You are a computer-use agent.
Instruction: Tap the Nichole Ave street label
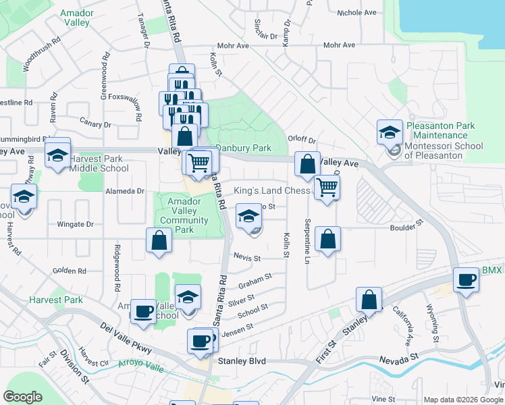[356, 13]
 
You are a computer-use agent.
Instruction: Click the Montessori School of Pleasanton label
[433, 151]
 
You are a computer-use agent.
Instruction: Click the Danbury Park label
[243, 148]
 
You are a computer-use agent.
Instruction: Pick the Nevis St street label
[248, 258]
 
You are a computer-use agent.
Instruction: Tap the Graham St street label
[255, 280]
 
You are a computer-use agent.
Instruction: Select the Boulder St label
[408, 224]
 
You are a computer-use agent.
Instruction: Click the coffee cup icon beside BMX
[465, 279]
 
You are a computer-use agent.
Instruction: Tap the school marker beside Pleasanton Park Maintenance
[390, 132]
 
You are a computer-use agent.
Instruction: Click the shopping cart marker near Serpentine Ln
[327, 187]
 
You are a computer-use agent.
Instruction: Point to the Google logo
[22, 397]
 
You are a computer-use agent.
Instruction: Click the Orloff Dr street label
[302, 140]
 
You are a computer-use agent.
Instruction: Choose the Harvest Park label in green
[56, 300]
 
